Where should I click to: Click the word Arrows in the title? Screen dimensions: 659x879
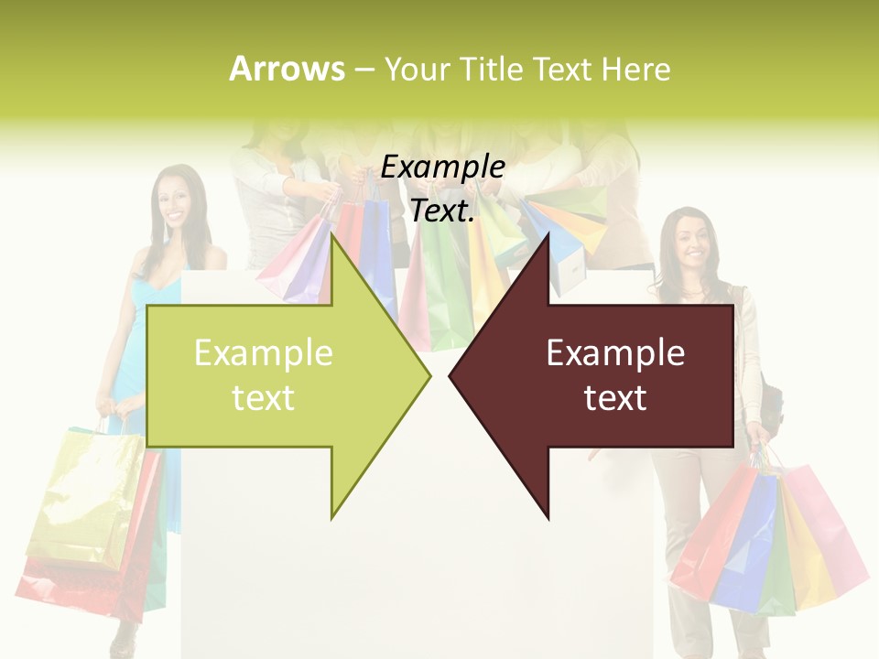point(287,69)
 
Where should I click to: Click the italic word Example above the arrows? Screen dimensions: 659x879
point(442,167)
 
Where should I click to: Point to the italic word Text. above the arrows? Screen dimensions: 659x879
point(442,211)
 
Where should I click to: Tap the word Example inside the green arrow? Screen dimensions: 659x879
point(264,353)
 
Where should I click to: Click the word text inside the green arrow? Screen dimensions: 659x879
point(264,398)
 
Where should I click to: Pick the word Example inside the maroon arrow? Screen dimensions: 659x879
point(615,353)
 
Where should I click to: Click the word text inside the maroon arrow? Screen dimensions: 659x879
point(615,398)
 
